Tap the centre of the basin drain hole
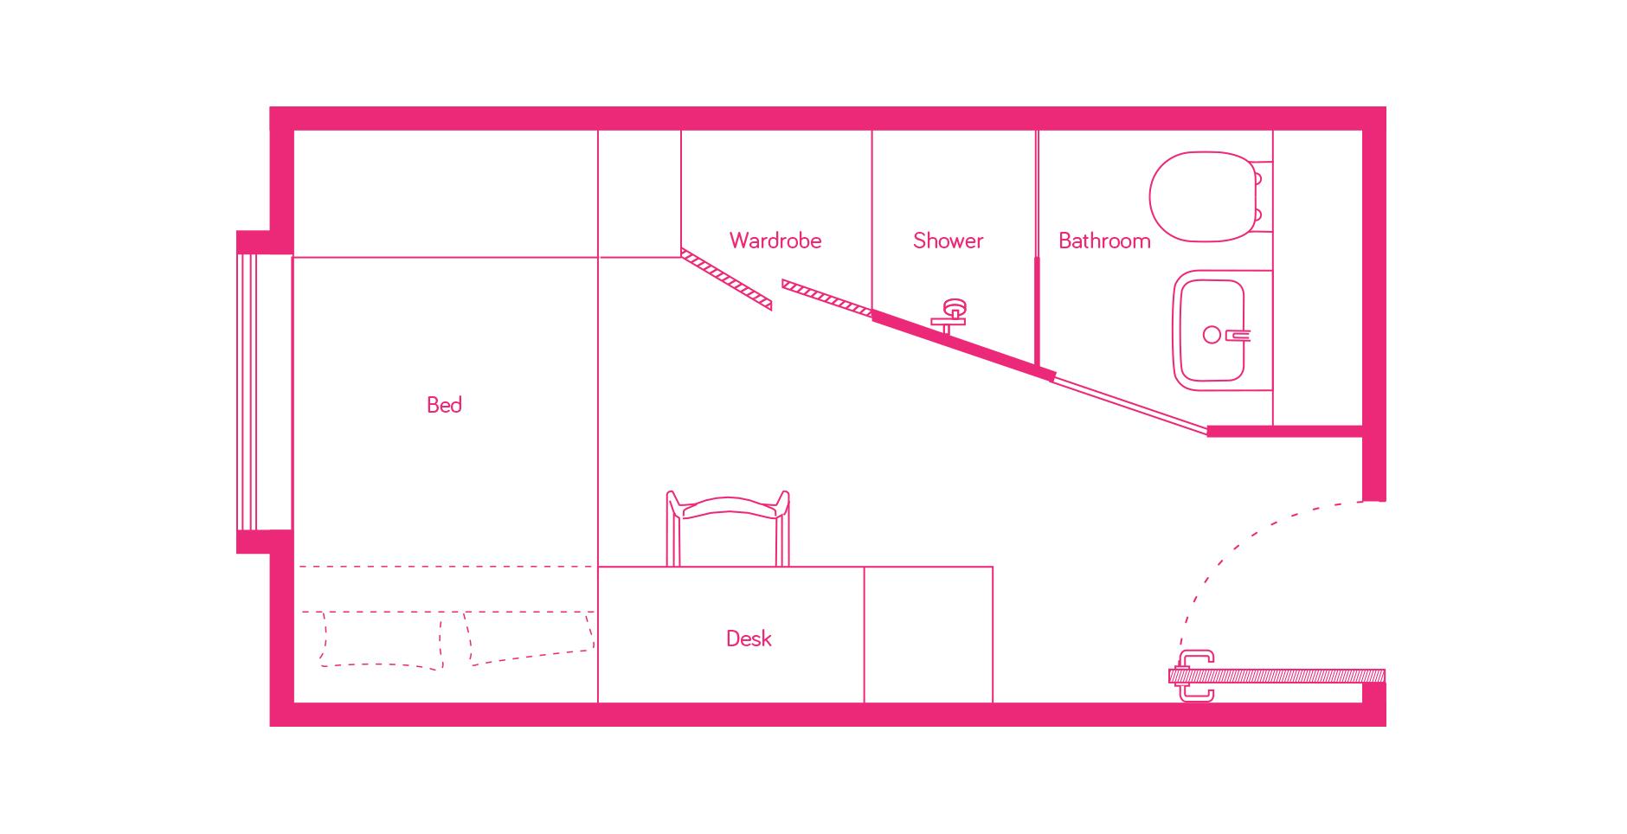click(1212, 335)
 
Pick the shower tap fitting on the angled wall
click(951, 316)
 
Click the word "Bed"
click(444, 405)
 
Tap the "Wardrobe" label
click(775, 241)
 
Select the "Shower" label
click(949, 241)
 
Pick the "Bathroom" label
click(1105, 241)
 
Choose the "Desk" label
click(749, 638)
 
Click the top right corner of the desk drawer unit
click(993, 567)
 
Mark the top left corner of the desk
click(598, 567)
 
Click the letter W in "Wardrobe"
click(738, 241)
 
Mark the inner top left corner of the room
click(294, 131)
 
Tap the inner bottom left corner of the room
click(294, 702)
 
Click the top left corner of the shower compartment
click(871, 131)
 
